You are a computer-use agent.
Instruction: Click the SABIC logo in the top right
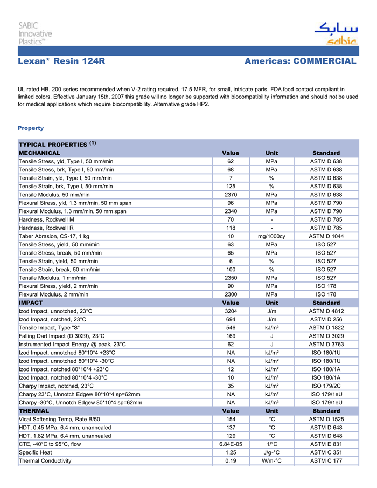click(x=336, y=33)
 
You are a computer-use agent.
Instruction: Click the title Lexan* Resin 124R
click(x=61, y=61)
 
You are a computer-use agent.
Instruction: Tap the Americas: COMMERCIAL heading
click(x=300, y=61)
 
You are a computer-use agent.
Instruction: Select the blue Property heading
click(x=31, y=128)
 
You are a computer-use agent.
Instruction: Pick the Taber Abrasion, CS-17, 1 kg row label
click(x=54, y=237)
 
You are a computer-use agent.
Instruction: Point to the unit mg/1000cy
click(x=272, y=237)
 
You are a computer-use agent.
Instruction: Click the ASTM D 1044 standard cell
click(x=326, y=237)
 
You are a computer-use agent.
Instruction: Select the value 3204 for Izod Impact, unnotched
click(x=231, y=311)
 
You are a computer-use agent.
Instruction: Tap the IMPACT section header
click(x=31, y=303)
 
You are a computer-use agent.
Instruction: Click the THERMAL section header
click(x=34, y=411)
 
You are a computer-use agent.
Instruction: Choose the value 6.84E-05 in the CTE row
click(x=231, y=444)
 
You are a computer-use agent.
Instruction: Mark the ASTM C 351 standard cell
click(x=326, y=452)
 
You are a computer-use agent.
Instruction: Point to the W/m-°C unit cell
click(x=272, y=461)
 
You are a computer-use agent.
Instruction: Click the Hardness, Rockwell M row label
click(x=50, y=220)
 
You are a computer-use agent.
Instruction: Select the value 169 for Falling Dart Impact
click(x=231, y=336)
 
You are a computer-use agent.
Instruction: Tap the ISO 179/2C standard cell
click(x=326, y=386)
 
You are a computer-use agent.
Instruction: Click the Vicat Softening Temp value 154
click(x=231, y=419)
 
